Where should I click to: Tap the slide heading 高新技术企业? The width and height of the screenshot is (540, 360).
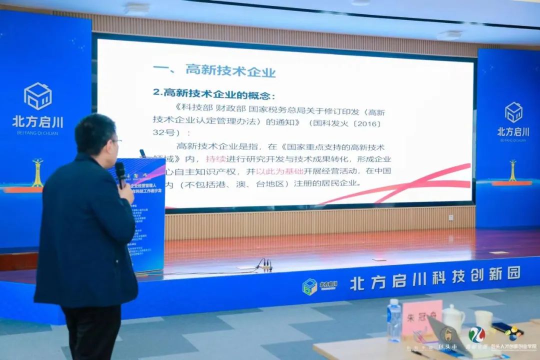click(x=230, y=70)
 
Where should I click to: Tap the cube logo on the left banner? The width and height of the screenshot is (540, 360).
click(x=38, y=96)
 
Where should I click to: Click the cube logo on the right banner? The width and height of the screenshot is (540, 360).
click(x=513, y=112)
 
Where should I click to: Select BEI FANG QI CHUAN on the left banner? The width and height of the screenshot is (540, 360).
click(x=38, y=132)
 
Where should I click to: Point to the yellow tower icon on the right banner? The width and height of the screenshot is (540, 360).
click(x=512, y=170)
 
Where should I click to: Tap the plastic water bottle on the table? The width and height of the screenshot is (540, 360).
click(x=394, y=320)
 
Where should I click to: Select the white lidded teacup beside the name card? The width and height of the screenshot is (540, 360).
click(x=453, y=318)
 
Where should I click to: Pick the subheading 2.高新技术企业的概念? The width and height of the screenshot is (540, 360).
click(x=214, y=93)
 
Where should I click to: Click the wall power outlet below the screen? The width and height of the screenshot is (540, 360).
click(x=450, y=217)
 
